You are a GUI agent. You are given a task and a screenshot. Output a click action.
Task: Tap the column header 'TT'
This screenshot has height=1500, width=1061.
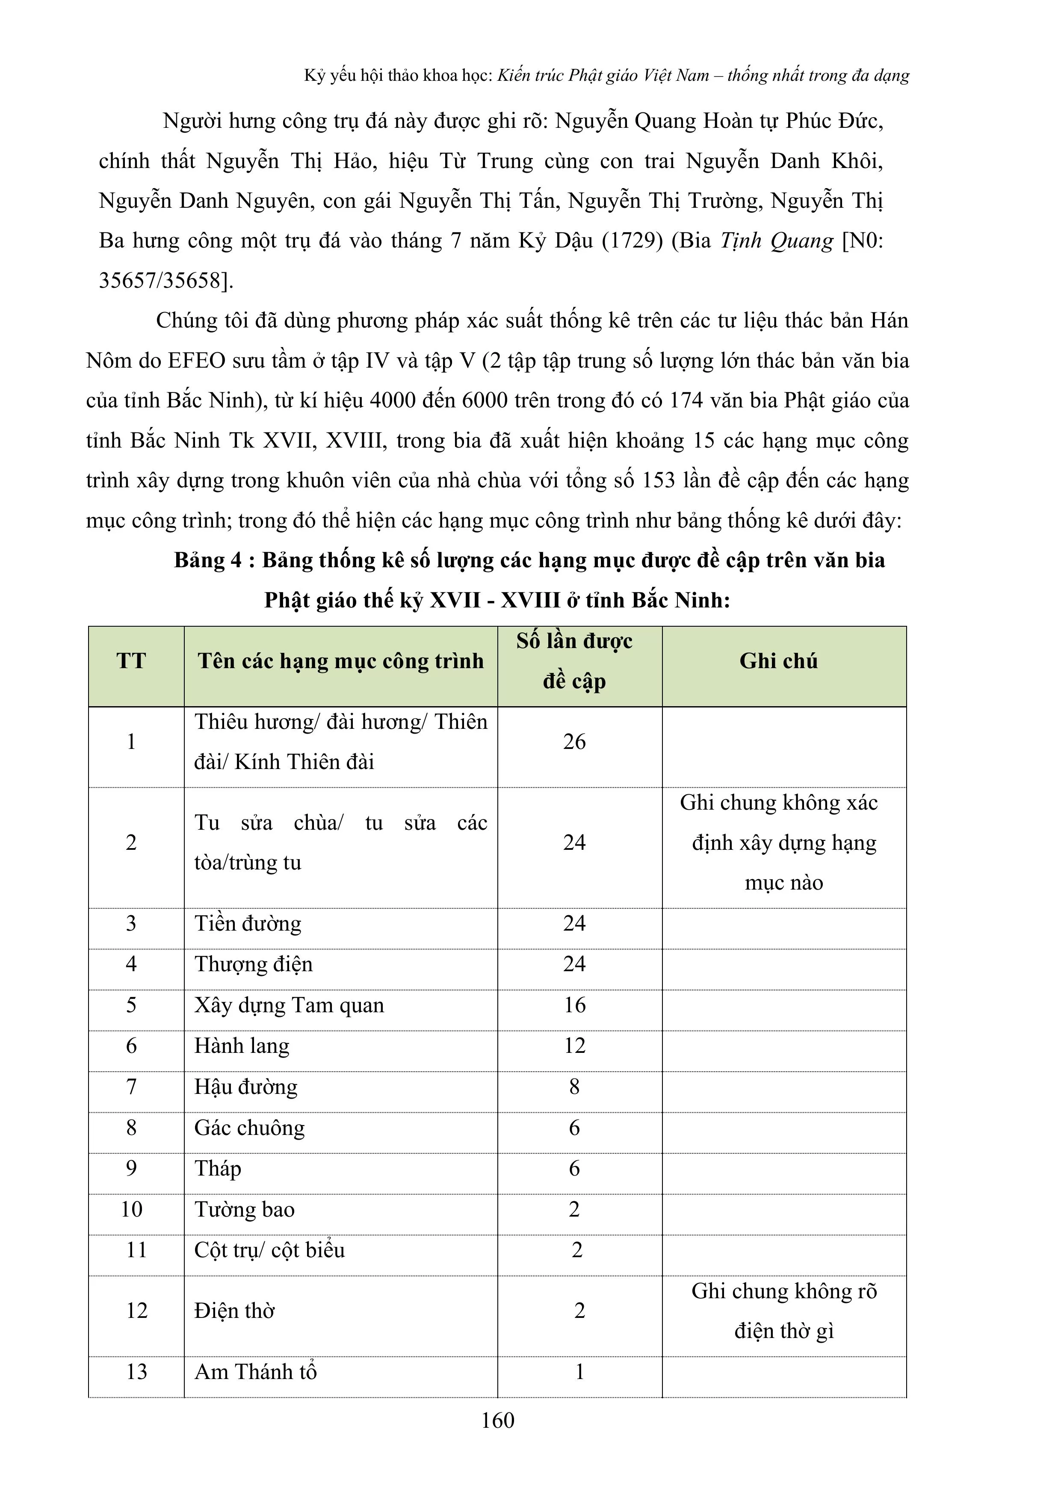(131, 661)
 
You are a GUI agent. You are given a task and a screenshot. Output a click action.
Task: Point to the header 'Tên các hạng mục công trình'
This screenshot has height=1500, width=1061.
(340, 661)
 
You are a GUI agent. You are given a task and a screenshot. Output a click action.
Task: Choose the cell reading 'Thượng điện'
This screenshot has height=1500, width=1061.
(253, 964)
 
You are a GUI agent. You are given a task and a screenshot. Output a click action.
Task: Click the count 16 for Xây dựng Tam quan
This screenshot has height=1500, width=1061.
(575, 1005)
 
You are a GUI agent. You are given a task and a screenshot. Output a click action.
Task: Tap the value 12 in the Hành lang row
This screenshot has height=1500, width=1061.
(575, 1046)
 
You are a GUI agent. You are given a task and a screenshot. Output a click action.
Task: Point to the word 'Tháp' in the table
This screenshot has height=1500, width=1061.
(218, 1168)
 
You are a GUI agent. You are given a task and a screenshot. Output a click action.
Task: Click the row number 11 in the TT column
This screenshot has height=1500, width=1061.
(136, 1250)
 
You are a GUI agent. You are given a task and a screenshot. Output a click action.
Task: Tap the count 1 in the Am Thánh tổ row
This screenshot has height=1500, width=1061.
(579, 1371)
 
